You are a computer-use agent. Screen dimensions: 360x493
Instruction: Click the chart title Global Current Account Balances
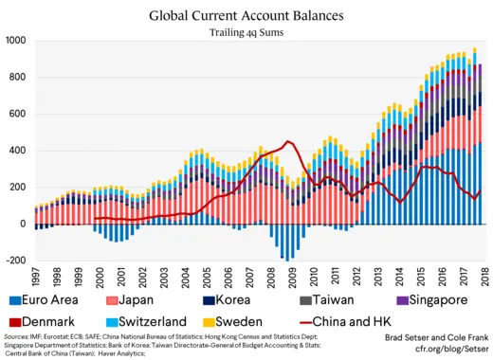click(x=246, y=16)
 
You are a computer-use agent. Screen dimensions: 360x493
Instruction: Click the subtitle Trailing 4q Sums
click(x=246, y=33)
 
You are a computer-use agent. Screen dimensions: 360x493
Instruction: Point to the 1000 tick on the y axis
click(x=16, y=41)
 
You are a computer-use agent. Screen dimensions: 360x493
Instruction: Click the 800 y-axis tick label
click(x=18, y=78)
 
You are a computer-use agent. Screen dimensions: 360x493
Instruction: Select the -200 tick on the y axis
click(x=16, y=261)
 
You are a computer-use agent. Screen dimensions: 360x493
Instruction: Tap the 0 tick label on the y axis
click(x=24, y=224)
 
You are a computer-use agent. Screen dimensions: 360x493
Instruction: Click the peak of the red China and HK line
click(x=288, y=142)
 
